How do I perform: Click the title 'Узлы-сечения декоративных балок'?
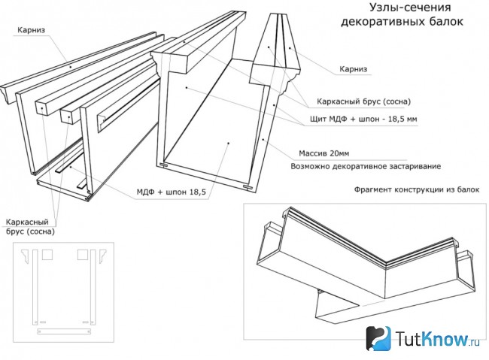pos(402,14)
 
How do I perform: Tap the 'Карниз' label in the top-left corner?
pos(31,30)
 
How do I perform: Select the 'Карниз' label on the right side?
pos(354,69)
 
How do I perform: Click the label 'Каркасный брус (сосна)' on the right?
pos(363,101)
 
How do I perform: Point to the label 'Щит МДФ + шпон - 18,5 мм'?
pos(363,119)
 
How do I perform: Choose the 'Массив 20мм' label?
pos(324,153)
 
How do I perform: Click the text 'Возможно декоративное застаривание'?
pos(366,166)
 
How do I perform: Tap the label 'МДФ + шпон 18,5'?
pos(172,192)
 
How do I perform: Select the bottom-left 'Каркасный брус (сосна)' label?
pos(30,227)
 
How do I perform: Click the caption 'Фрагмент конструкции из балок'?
pos(417,189)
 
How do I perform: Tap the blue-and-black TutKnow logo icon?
pos(378,338)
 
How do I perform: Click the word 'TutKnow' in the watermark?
pos(432,338)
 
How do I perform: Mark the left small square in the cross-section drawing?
pos(47,255)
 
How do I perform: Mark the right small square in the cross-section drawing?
pos(83,255)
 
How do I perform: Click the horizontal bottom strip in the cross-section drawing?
pos(64,331)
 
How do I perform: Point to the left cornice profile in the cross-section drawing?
pos(27,256)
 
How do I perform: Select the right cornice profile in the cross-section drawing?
pos(102,256)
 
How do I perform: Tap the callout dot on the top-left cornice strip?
pos(71,67)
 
